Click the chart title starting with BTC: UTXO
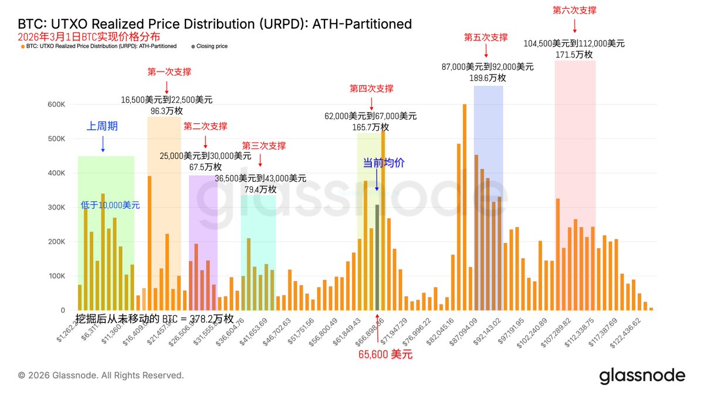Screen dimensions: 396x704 [x=215, y=24]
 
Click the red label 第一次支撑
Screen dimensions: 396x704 [x=167, y=72]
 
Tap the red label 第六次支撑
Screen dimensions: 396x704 [x=574, y=10]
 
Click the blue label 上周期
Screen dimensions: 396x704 [x=102, y=126]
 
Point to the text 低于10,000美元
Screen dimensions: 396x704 [x=110, y=205]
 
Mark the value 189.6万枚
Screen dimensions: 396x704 [x=488, y=77]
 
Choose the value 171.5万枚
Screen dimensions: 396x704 [x=574, y=55]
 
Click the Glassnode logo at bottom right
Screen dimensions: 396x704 [x=642, y=375]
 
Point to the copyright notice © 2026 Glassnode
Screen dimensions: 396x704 [x=101, y=375]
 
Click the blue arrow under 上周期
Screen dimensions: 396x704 [x=103, y=144]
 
